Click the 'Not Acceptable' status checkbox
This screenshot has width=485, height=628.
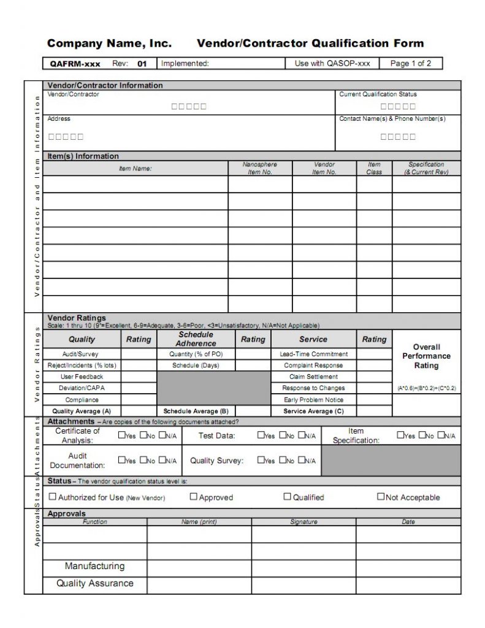click(381, 497)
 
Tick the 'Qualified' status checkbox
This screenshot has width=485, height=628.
click(287, 497)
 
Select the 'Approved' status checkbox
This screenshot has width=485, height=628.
click(194, 497)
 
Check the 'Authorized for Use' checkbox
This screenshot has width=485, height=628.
click(53, 497)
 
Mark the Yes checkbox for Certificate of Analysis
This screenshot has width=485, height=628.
click(121, 435)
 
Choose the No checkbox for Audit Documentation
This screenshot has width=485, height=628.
click(143, 460)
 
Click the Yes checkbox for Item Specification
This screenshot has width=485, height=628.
click(400, 435)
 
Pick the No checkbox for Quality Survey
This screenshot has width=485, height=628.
click(282, 460)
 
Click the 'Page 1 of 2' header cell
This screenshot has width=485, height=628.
click(410, 63)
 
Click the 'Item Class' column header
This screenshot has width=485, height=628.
click(374, 168)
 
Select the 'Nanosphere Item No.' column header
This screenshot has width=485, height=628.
click(259, 168)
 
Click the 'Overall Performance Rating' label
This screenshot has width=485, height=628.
click(426, 356)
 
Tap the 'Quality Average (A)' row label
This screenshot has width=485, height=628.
click(82, 411)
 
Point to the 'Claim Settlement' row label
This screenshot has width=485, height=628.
click(313, 377)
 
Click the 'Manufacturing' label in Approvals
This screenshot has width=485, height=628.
click(94, 566)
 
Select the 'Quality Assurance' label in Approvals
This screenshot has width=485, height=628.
click(94, 583)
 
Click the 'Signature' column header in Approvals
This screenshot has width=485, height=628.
click(304, 522)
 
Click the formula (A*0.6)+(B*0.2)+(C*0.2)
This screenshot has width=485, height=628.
click(426, 388)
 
